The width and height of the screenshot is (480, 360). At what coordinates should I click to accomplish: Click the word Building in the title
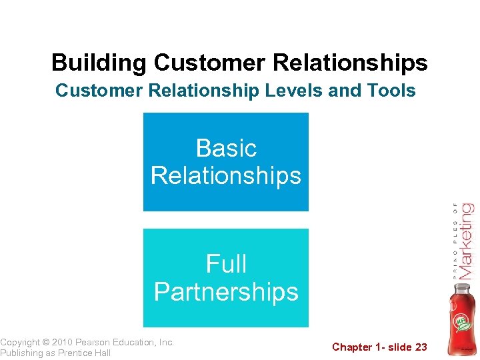tap(99, 63)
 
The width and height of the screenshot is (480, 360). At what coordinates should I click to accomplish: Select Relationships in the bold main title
tap(358, 63)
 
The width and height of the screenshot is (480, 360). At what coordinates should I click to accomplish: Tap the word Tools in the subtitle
tap(393, 90)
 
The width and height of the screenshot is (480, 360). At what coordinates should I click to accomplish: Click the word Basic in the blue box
tap(226, 147)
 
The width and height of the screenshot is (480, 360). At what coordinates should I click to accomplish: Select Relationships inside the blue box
tap(226, 176)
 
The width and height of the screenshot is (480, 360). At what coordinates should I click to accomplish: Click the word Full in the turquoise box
tap(226, 264)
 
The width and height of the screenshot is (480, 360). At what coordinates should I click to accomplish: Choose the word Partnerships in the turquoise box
tap(226, 292)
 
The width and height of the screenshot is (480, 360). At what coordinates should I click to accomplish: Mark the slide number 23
tap(421, 347)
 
